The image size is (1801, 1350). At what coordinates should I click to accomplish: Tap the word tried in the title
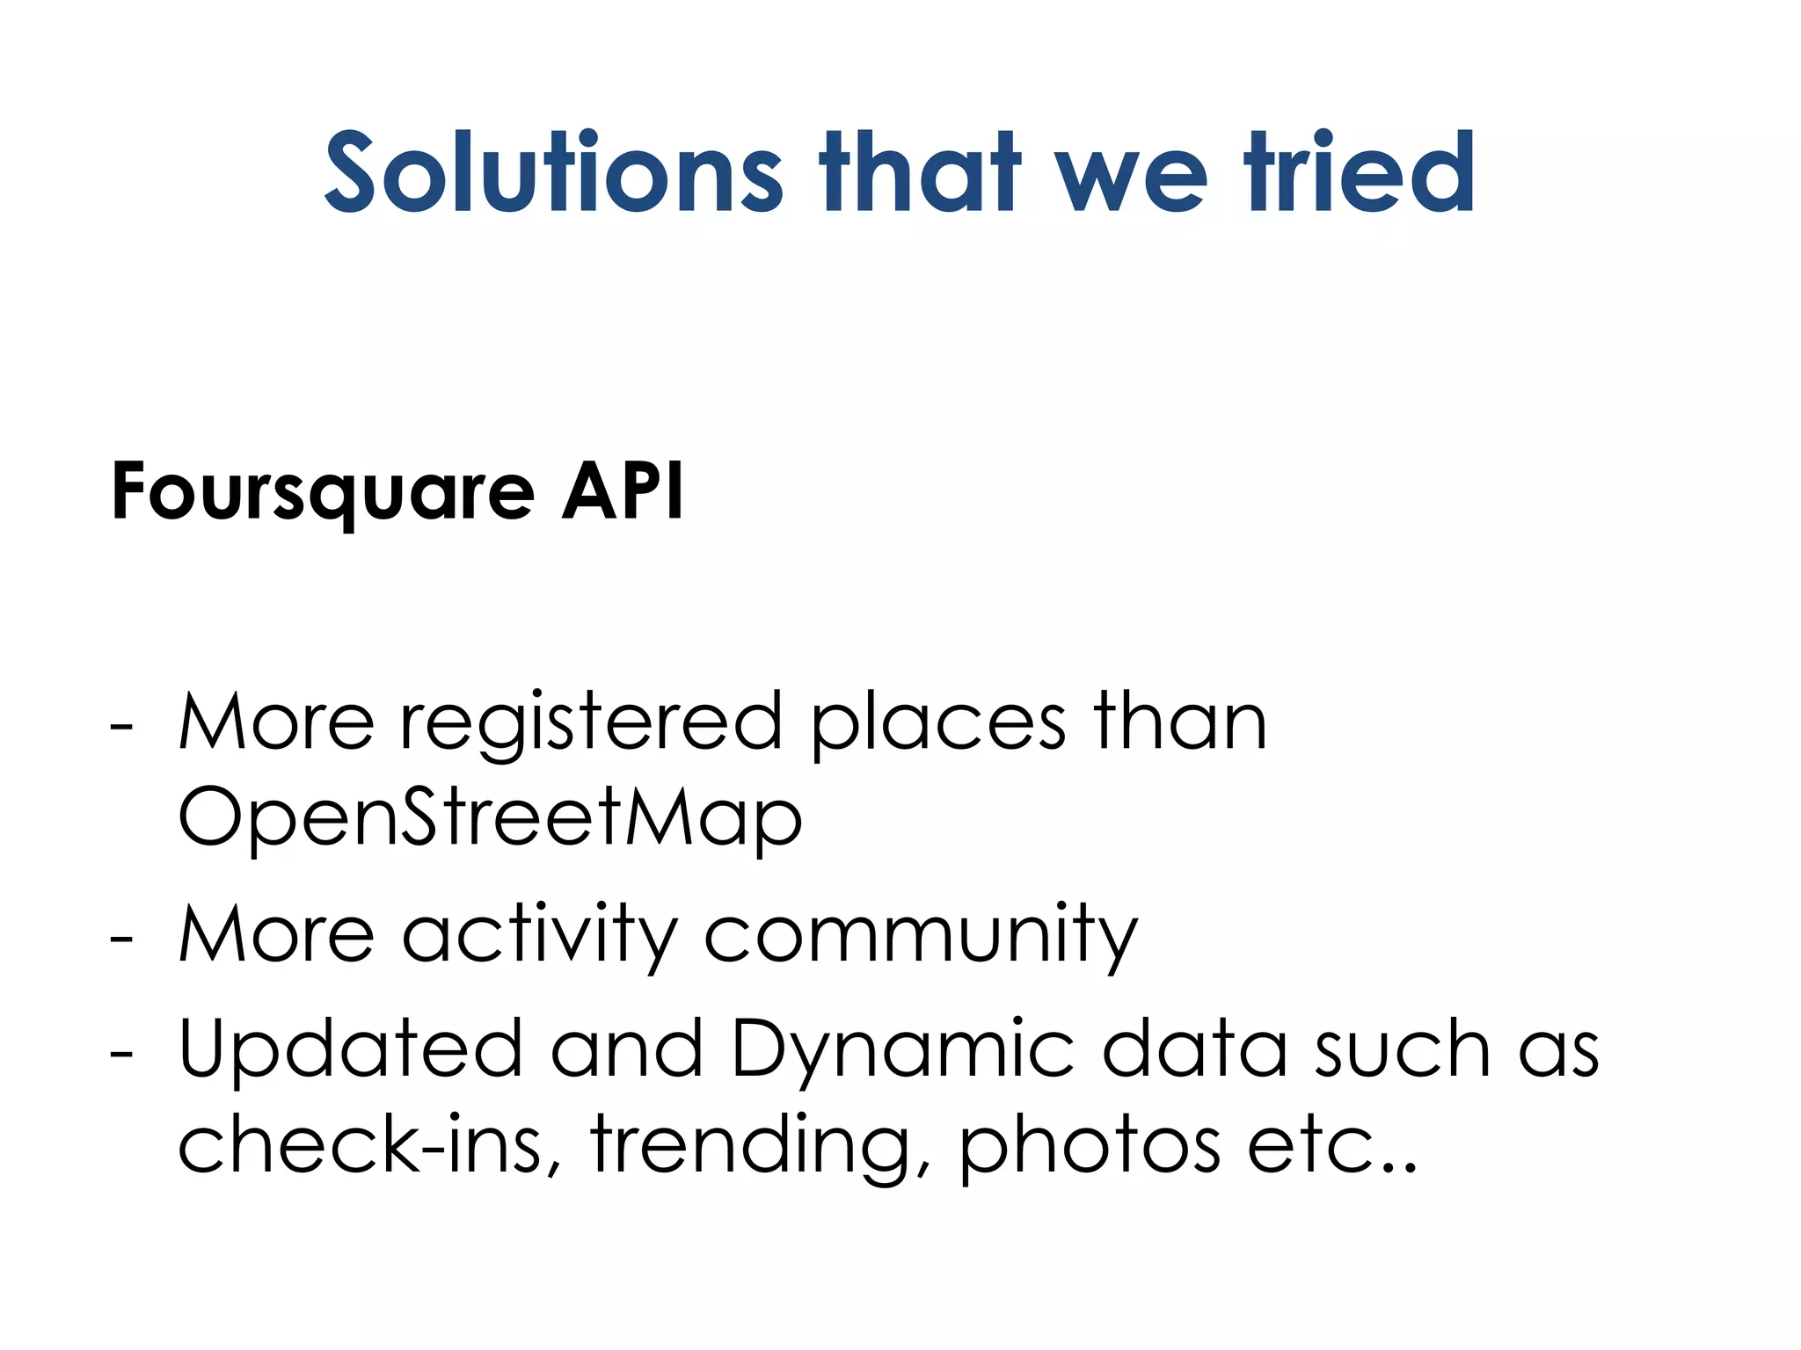1359,172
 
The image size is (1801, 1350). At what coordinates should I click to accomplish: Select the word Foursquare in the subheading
323,493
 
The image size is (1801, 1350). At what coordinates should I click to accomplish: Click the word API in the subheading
623,491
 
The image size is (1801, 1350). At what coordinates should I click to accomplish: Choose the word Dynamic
902,1050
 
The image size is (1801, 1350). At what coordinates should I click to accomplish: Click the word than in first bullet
1180,722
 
